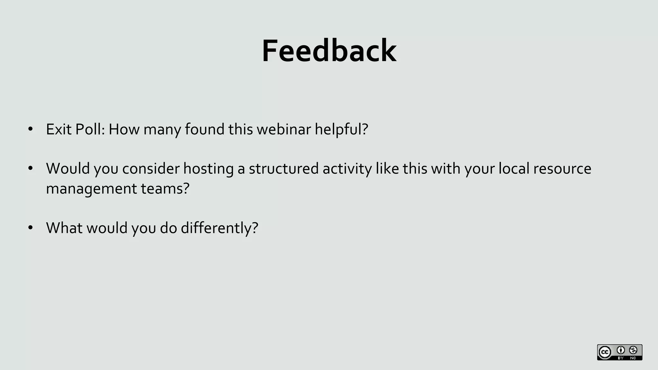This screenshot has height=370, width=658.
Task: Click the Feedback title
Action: [329, 51]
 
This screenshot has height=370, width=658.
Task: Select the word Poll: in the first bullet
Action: [90, 129]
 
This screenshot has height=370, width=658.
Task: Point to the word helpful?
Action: [341, 129]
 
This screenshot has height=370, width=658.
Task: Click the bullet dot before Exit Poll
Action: [31, 129]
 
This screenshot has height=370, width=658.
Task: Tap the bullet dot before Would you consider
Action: [31, 169]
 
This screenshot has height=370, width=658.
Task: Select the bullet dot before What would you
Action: [31, 228]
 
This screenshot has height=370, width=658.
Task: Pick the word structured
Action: [283, 169]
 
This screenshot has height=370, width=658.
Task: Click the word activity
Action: [347, 169]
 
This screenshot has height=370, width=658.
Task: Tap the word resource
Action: [562, 169]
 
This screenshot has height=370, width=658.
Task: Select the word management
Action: [91, 189]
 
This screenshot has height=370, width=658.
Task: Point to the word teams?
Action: [165, 189]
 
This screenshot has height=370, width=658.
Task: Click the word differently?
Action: [219, 228]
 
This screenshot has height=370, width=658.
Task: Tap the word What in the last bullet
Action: [64, 228]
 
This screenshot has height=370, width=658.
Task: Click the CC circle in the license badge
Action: [605, 352]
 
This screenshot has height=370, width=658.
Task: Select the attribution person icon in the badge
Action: [621, 350]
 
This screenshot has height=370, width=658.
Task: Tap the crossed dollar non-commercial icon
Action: [633, 350]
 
